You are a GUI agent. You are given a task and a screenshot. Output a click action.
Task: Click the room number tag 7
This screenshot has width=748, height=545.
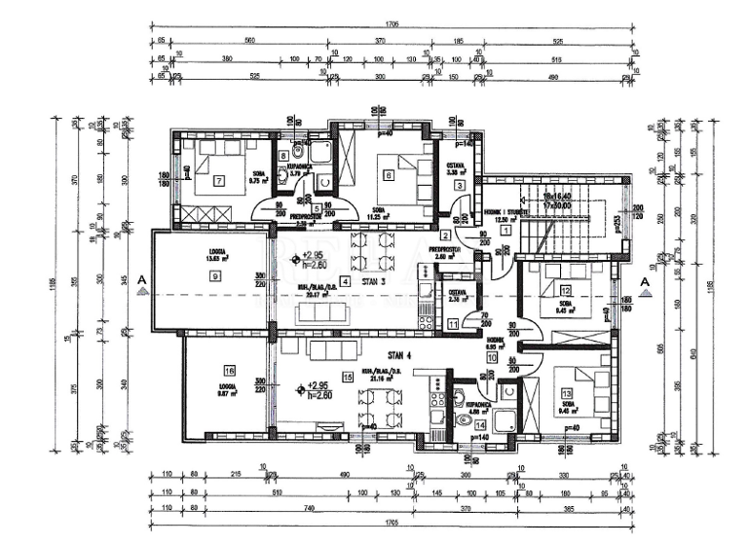click(219, 180)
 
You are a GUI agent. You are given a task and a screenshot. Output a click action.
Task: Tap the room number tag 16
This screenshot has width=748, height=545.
click(230, 370)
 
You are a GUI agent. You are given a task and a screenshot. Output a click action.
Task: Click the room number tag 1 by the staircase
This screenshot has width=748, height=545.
click(505, 200)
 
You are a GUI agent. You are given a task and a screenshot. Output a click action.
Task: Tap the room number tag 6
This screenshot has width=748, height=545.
click(388, 175)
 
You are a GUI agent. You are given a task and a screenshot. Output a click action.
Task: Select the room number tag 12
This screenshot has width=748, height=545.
click(565, 290)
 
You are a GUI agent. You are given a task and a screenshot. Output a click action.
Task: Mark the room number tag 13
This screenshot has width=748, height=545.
click(566, 379)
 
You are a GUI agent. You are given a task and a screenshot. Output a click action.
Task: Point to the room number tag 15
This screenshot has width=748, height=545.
click(346, 377)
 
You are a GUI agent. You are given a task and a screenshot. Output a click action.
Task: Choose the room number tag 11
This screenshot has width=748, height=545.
click(453, 324)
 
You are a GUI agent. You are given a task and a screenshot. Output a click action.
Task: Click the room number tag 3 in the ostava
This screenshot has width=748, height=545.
click(458, 185)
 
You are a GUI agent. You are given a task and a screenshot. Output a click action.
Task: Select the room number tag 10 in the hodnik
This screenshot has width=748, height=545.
click(491, 358)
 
